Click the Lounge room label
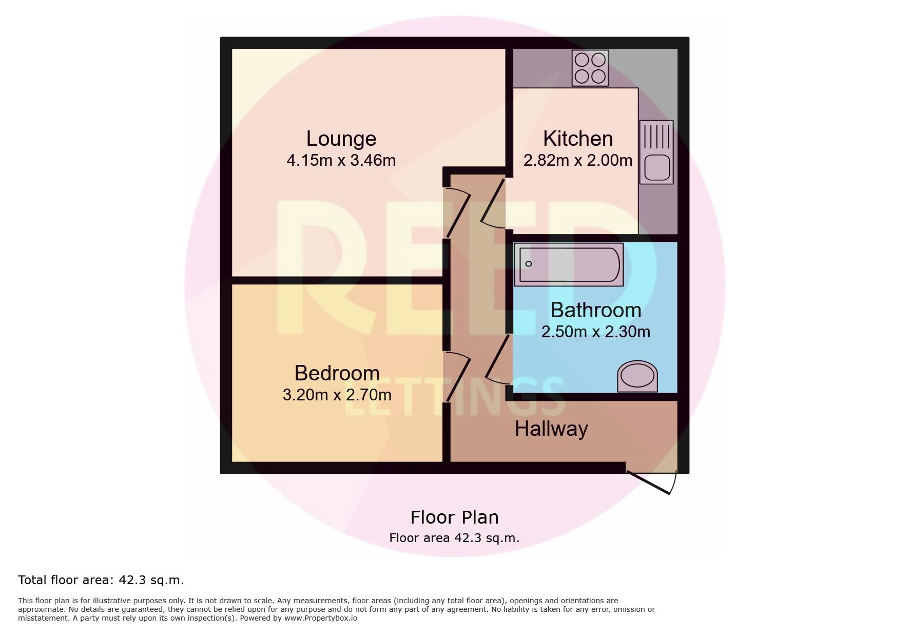click(x=341, y=139)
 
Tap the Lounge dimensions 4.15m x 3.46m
click(x=341, y=161)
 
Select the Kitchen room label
click(x=578, y=139)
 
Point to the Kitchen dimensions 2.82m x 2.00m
click(x=578, y=161)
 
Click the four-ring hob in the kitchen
click(x=590, y=68)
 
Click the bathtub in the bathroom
click(x=569, y=264)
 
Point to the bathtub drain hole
click(x=529, y=264)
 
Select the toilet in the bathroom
click(x=637, y=376)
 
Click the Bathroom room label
click(x=596, y=310)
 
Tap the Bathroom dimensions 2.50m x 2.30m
click(x=596, y=332)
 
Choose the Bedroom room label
click(x=337, y=373)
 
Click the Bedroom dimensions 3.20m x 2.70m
click(x=337, y=395)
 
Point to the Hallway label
click(x=551, y=429)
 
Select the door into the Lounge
click(x=457, y=213)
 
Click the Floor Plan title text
click(x=454, y=517)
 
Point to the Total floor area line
click(x=101, y=580)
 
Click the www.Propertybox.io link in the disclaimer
click(x=320, y=618)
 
